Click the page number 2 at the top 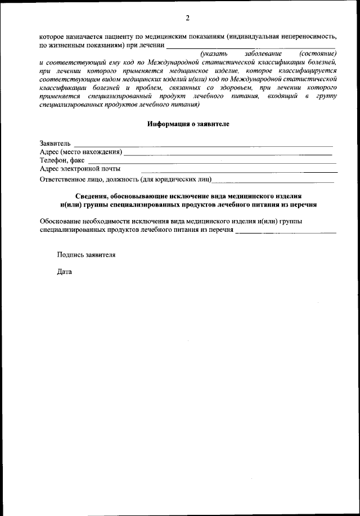(187, 17)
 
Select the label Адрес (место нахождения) (81, 152)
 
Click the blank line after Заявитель (202, 146)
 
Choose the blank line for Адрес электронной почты (239, 171)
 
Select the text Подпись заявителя (86, 254)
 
